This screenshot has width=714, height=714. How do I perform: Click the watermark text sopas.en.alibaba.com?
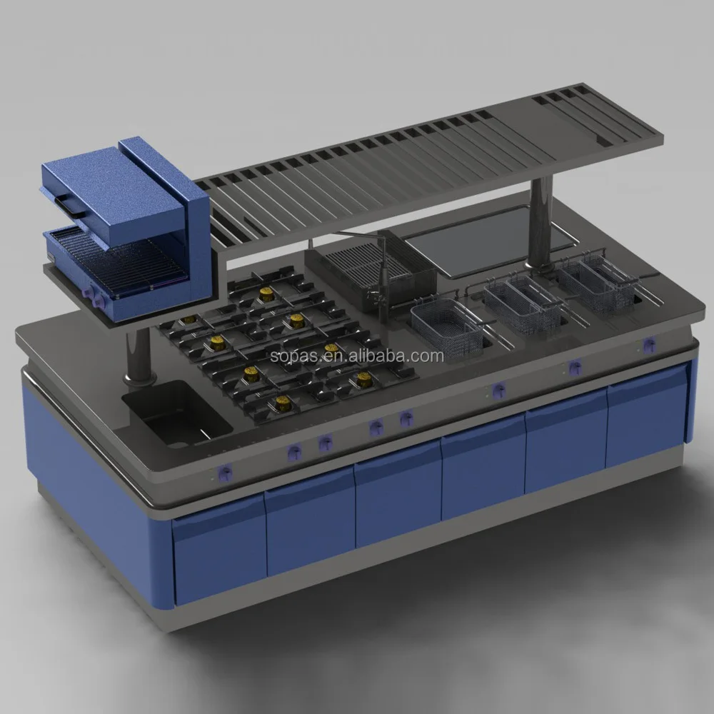[x=357, y=356]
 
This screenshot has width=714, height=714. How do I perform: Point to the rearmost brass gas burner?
[x=266, y=293]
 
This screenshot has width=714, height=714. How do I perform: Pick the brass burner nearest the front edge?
[x=283, y=403]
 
